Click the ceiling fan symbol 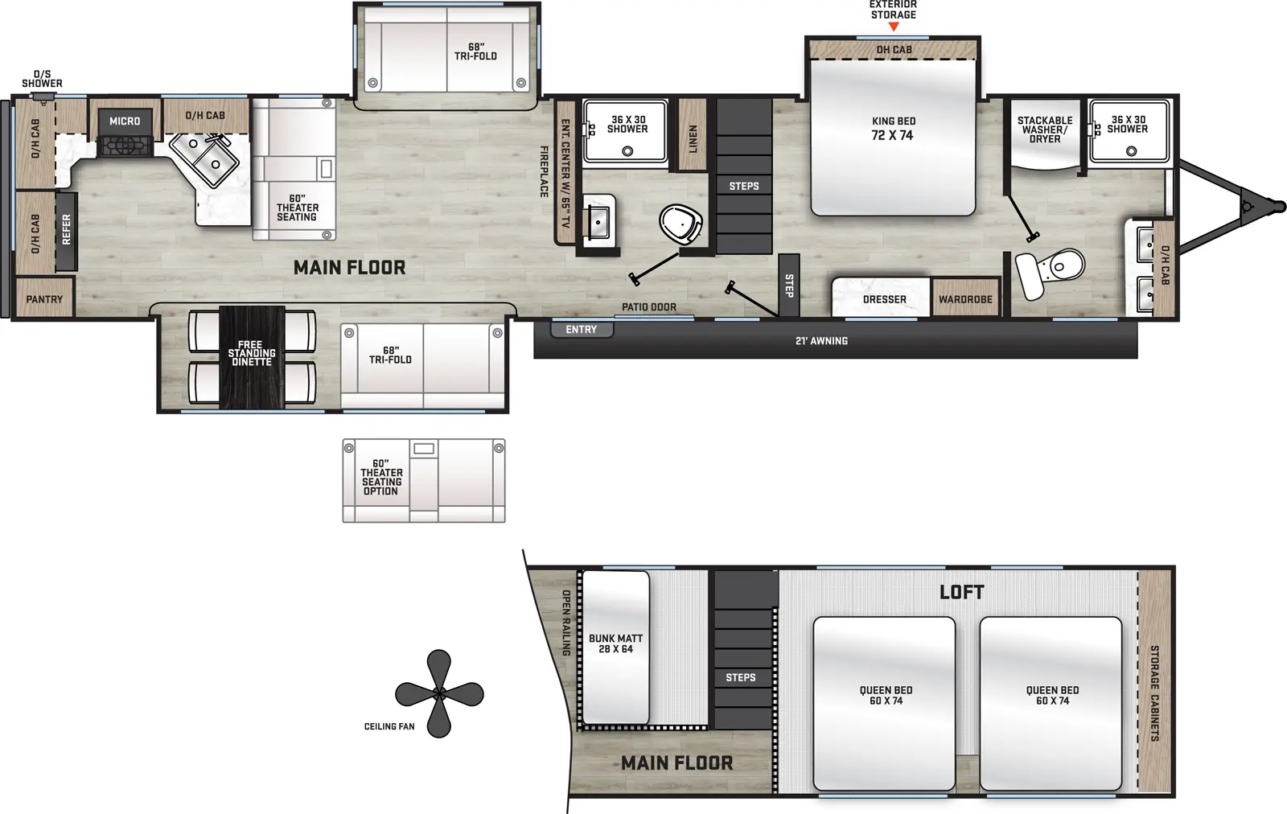(439, 693)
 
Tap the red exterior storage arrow (893, 27)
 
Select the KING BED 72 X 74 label (893, 129)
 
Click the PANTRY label (44, 299)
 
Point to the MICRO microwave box (125, 121)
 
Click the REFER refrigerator (67, 230)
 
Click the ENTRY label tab (582, 330)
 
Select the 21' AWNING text (821, 341)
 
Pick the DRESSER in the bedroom (884, 299)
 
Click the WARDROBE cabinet (965, 299)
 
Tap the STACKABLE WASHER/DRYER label (1044, 129)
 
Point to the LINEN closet (693, 137)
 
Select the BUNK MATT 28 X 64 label (615, 643)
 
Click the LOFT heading (961, 593)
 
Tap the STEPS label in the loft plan (740, 677)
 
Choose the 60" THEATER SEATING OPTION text (381, 477)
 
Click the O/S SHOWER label (42, 79)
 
